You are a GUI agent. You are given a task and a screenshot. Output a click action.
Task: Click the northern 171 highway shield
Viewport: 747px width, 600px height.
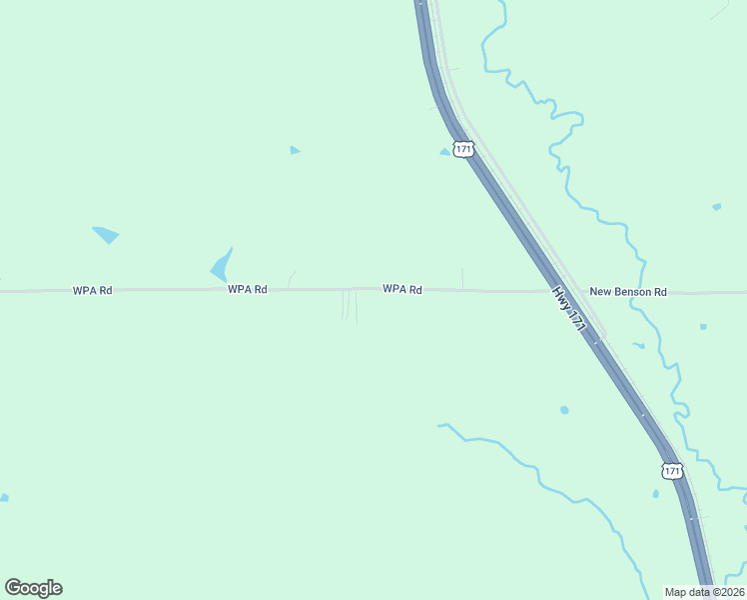click(462, 149)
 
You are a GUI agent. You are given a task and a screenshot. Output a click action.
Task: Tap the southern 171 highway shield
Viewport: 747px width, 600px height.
click(672, 469)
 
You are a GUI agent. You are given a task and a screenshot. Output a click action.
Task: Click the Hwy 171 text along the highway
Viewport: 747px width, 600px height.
click(566, 305)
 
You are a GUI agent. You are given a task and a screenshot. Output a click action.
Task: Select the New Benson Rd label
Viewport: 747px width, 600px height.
click(627, 292)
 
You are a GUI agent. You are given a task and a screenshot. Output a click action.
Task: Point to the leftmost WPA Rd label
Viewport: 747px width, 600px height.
click(92, 290)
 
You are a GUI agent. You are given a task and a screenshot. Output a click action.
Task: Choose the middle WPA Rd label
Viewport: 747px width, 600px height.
click(248, 289)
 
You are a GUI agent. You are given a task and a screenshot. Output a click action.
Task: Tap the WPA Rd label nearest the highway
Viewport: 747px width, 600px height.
click(402, 289)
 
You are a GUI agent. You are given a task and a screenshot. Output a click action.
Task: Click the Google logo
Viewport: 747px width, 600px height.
click(33, 588)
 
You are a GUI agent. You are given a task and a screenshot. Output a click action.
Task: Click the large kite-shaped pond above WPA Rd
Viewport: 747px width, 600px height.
click(222, 266)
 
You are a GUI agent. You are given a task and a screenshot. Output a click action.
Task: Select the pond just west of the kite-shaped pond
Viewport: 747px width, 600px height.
click(105, 234)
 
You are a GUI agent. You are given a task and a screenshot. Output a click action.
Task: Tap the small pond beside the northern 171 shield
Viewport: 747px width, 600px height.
click(444, 152)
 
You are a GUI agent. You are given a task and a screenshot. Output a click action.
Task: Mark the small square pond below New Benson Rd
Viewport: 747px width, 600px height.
click(703, 326)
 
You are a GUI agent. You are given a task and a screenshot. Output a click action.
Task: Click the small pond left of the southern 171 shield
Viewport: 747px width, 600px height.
click(655, 493)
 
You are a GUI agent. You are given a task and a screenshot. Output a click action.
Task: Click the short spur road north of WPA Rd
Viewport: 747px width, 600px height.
click(462, 278)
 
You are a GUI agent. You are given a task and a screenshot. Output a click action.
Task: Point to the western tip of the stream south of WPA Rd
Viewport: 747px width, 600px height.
click(439, 425)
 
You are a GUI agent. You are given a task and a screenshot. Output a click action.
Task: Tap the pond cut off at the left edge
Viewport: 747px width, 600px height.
click(4, 497)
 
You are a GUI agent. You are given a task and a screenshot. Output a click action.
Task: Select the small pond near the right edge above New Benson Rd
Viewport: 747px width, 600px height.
click(716, 207)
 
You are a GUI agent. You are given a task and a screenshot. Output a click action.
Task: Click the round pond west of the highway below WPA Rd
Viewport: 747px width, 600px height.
click(564, 410)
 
